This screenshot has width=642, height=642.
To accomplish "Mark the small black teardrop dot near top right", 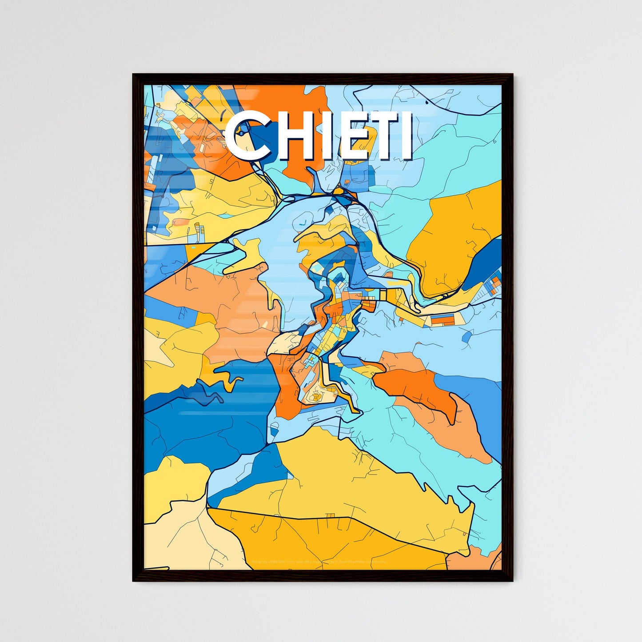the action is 427,103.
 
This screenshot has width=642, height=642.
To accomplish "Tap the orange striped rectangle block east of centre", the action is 443,319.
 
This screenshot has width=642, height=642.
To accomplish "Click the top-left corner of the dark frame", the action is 134,75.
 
